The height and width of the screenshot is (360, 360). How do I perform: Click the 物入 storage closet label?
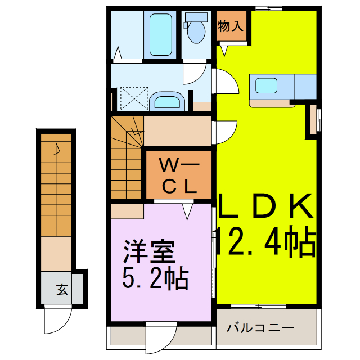point(231,25)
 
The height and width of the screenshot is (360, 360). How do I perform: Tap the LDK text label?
point(264,206)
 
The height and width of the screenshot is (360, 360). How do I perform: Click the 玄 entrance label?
point(62,290)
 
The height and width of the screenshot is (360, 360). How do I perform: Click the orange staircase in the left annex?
point(56,186)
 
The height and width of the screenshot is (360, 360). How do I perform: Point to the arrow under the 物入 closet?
point(225,50)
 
